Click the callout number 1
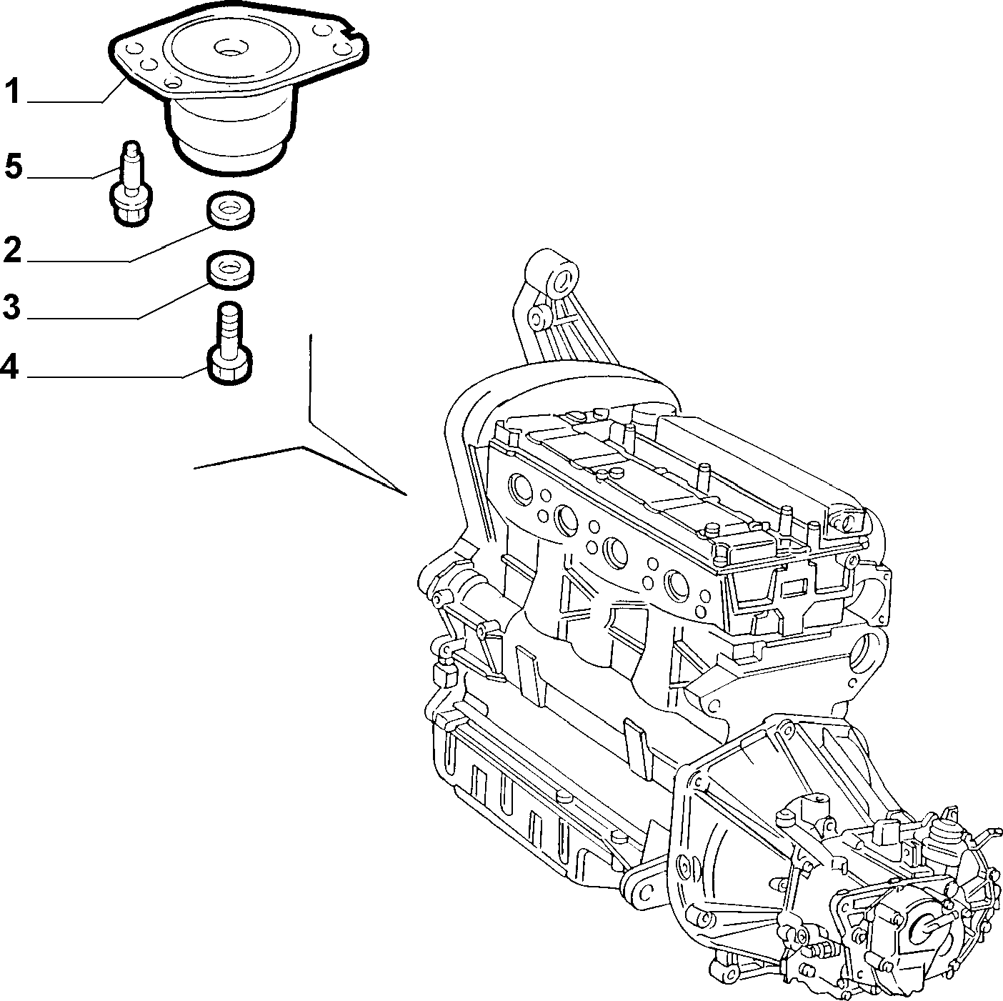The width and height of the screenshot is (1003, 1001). pos(12,91)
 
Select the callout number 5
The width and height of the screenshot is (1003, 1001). pos(14,166)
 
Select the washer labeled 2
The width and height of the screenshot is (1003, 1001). pos(231,209)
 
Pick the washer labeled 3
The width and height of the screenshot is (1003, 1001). pos(231,270)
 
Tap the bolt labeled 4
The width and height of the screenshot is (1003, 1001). pos(229,343)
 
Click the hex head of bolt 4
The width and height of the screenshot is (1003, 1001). pos(229,368)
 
